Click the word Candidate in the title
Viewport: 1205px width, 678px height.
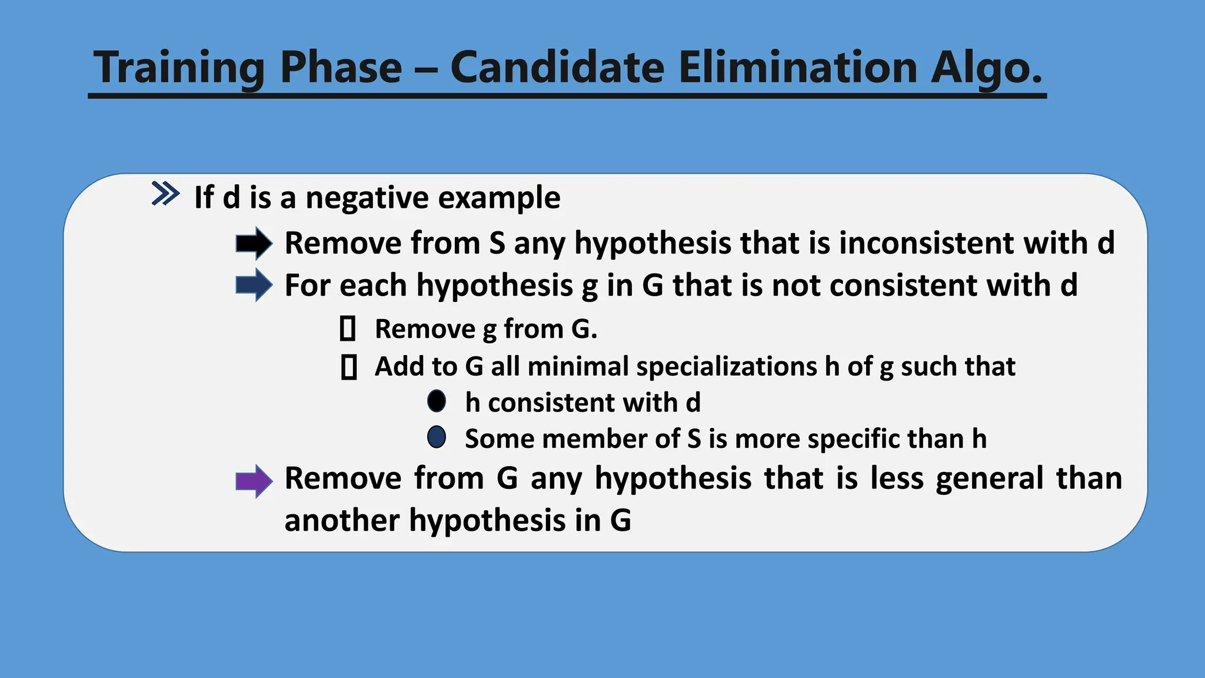557,67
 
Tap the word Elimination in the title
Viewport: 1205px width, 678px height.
797,67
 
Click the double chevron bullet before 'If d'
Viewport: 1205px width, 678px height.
165,194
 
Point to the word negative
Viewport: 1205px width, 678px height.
367,198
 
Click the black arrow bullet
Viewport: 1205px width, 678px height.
254,243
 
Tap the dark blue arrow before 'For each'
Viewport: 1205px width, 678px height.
254,285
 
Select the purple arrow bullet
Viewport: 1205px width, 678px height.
254,481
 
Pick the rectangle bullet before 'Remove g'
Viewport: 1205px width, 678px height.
348,328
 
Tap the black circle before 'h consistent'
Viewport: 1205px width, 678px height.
437,401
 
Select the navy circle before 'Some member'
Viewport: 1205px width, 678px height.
437,437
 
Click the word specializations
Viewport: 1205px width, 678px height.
727,367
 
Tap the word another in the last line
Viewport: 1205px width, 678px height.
342,520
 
